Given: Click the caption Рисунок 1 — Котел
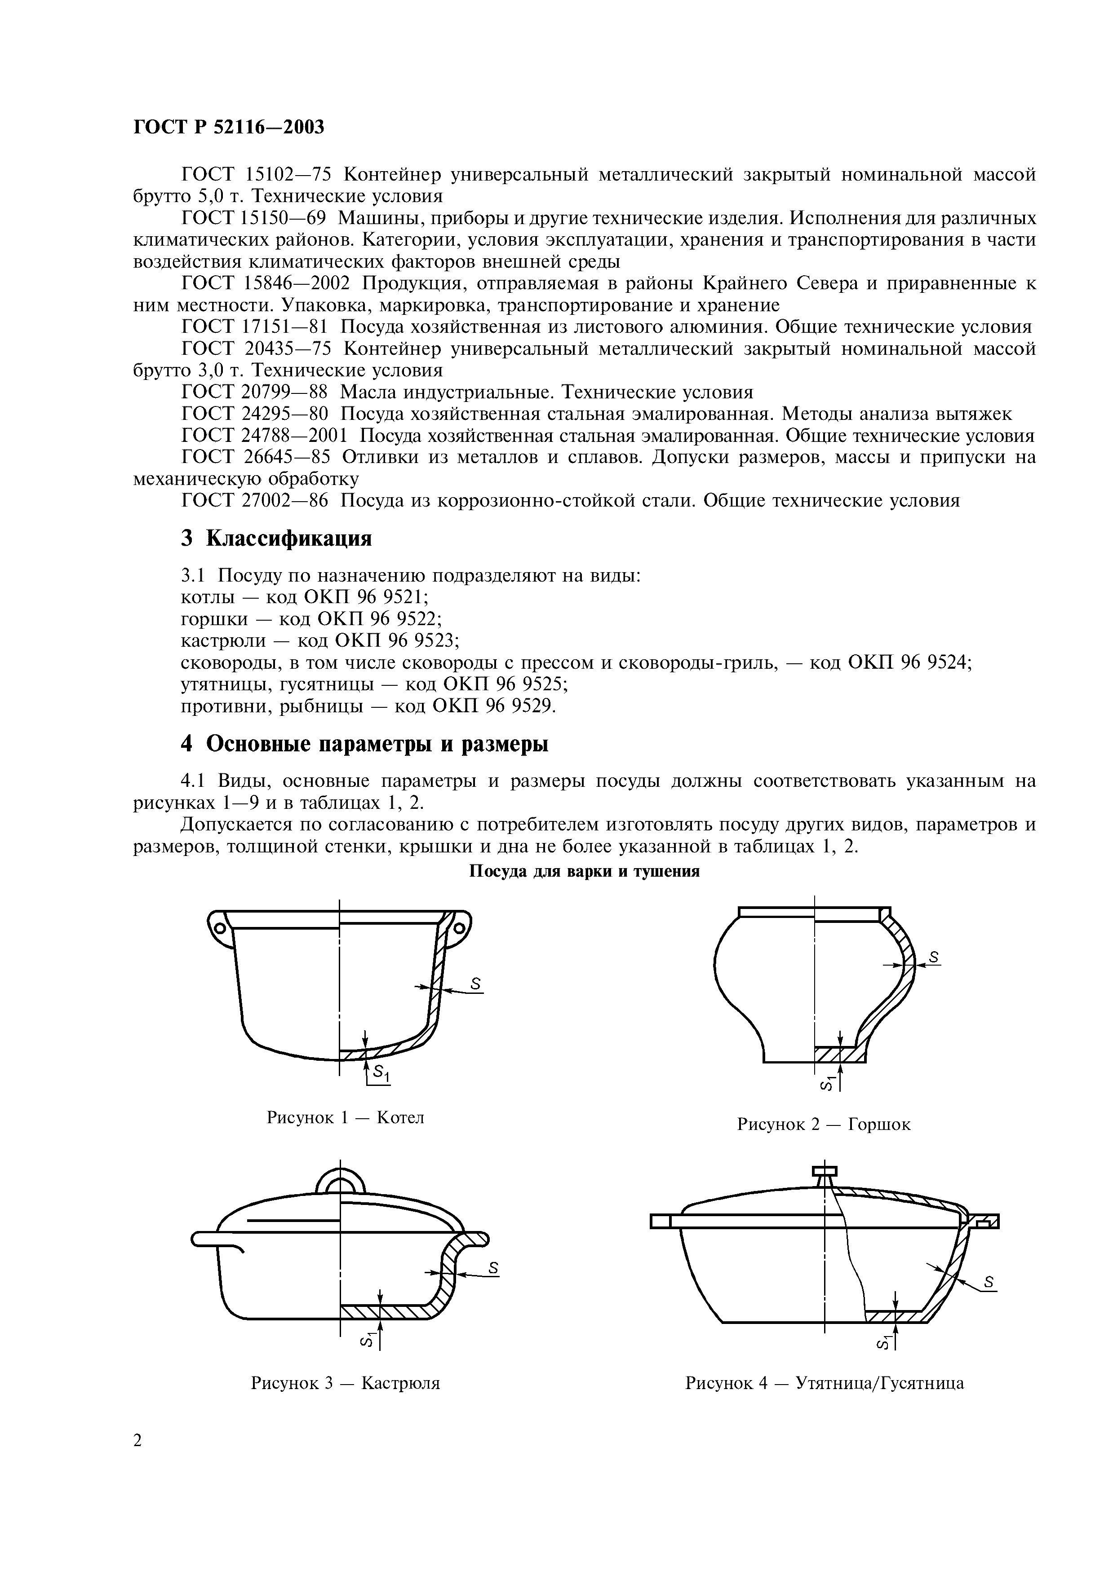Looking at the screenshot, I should pos(345,1117).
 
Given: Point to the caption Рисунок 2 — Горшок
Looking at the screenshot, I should pos(824,1124).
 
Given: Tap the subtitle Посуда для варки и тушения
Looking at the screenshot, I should pos(584,872).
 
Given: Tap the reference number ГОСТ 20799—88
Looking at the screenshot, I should pos(255,393).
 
